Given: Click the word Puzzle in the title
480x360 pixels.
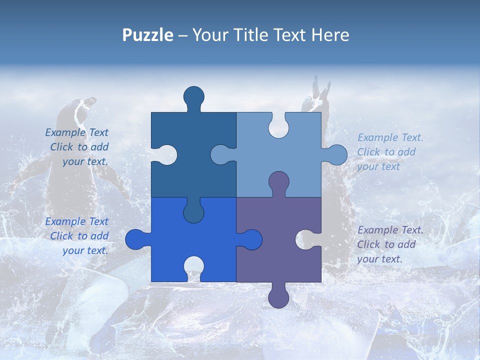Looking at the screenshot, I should click(147, 35).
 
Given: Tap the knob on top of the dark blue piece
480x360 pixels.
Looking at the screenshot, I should click(194, 97).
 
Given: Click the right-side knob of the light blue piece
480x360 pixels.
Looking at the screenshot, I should click(336, 154).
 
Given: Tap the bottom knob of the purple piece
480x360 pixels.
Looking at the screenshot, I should click(278, 297).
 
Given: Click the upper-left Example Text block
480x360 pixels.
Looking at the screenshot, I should click(77, 147).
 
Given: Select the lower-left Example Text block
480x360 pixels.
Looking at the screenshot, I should click(77, 236).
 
